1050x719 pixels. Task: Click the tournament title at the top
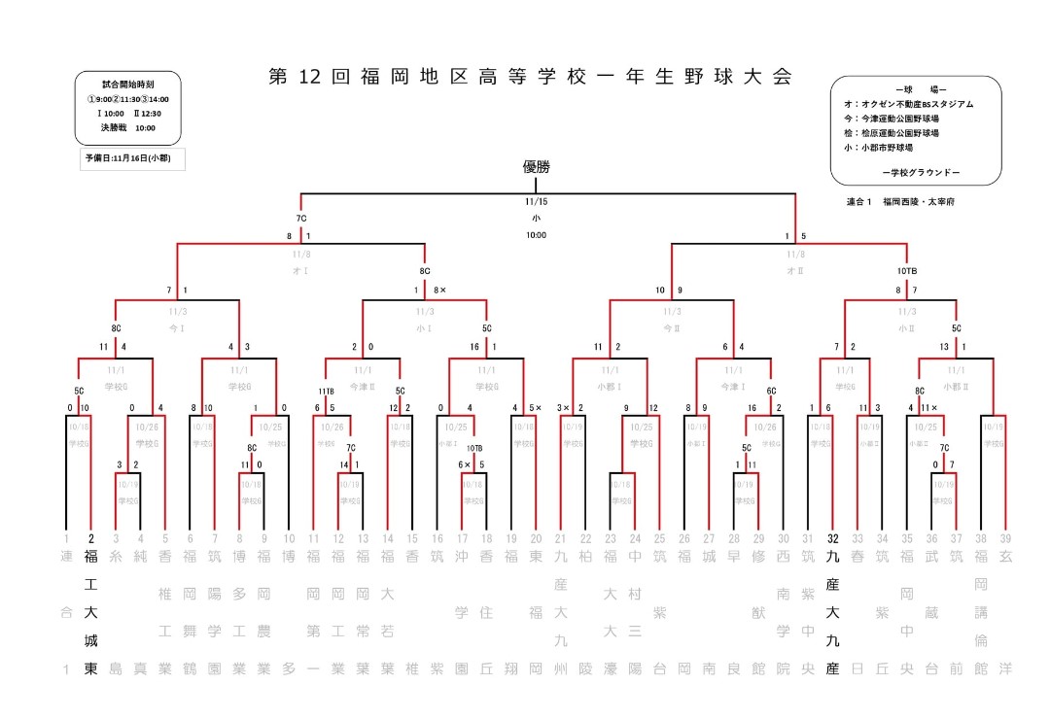click(530, 78)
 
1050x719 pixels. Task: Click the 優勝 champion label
click(536, 168)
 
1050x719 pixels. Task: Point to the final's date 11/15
click(536, 201)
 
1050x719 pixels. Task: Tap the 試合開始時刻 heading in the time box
click(128, 86)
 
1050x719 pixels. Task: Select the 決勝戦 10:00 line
click(128, 127)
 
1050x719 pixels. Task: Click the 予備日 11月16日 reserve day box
click(132, 159)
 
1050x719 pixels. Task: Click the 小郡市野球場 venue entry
click(879, 148)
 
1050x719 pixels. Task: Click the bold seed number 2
click(90, 538)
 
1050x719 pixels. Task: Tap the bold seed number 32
click(832, 538)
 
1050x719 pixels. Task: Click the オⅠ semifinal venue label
click(300, 269)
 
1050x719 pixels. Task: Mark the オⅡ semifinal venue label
click(794, 269)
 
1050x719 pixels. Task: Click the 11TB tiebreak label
click(326, 391)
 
